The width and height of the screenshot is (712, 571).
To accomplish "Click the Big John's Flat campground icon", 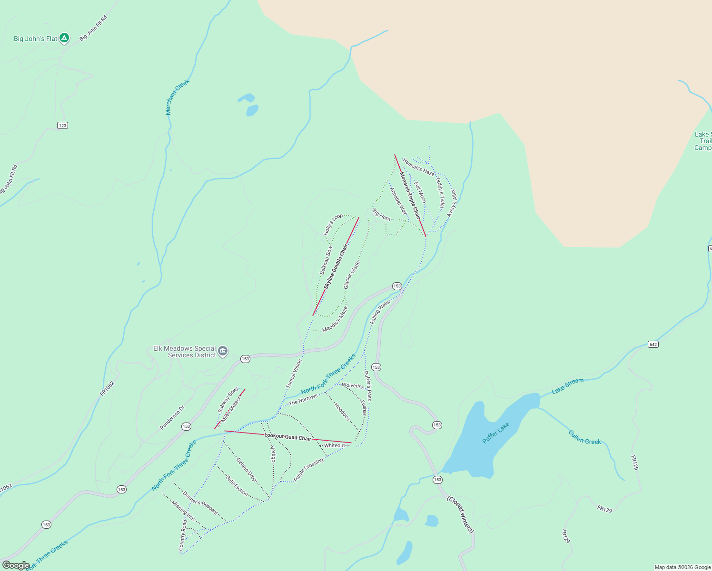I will click(x=65, y=38).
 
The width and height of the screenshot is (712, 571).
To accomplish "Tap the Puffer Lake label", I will click(x=496, y=433).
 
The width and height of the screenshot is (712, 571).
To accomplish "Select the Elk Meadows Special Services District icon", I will click(x=222, y=352).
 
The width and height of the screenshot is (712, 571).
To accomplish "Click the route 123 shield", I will click(x=62, y=125).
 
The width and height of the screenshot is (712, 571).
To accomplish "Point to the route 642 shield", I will click(x=653, y=344).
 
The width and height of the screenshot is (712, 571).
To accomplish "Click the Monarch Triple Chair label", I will click(x=410, y=195).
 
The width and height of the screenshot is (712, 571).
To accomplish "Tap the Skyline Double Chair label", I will click(x=336, y=266).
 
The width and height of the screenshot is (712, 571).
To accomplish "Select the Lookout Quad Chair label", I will click(x=287, y=437).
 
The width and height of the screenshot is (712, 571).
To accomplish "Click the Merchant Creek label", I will click(x=177, y=97).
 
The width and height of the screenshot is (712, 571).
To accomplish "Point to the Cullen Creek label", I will click(x=585, y=438).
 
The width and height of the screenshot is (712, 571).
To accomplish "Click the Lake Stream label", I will click(x=567, y=386).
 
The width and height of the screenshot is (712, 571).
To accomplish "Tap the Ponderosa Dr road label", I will click(x=172, y=418).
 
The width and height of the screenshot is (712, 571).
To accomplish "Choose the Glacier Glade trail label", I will click(x=352, y=275).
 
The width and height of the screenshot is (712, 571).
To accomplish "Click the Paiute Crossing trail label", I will click(x=308, y=469).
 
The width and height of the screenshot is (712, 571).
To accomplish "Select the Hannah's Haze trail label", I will click(x=418, y=167).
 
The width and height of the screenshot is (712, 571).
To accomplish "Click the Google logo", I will click(x=16, y=565).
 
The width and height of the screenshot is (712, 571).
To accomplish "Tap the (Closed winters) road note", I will click(x=460, y=514).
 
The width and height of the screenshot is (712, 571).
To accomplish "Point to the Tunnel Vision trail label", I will click(x=294, y=374).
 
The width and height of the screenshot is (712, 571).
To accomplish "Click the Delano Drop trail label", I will click(x=246, y=469).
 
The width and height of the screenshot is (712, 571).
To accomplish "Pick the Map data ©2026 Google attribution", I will click(x=682, y=567).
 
